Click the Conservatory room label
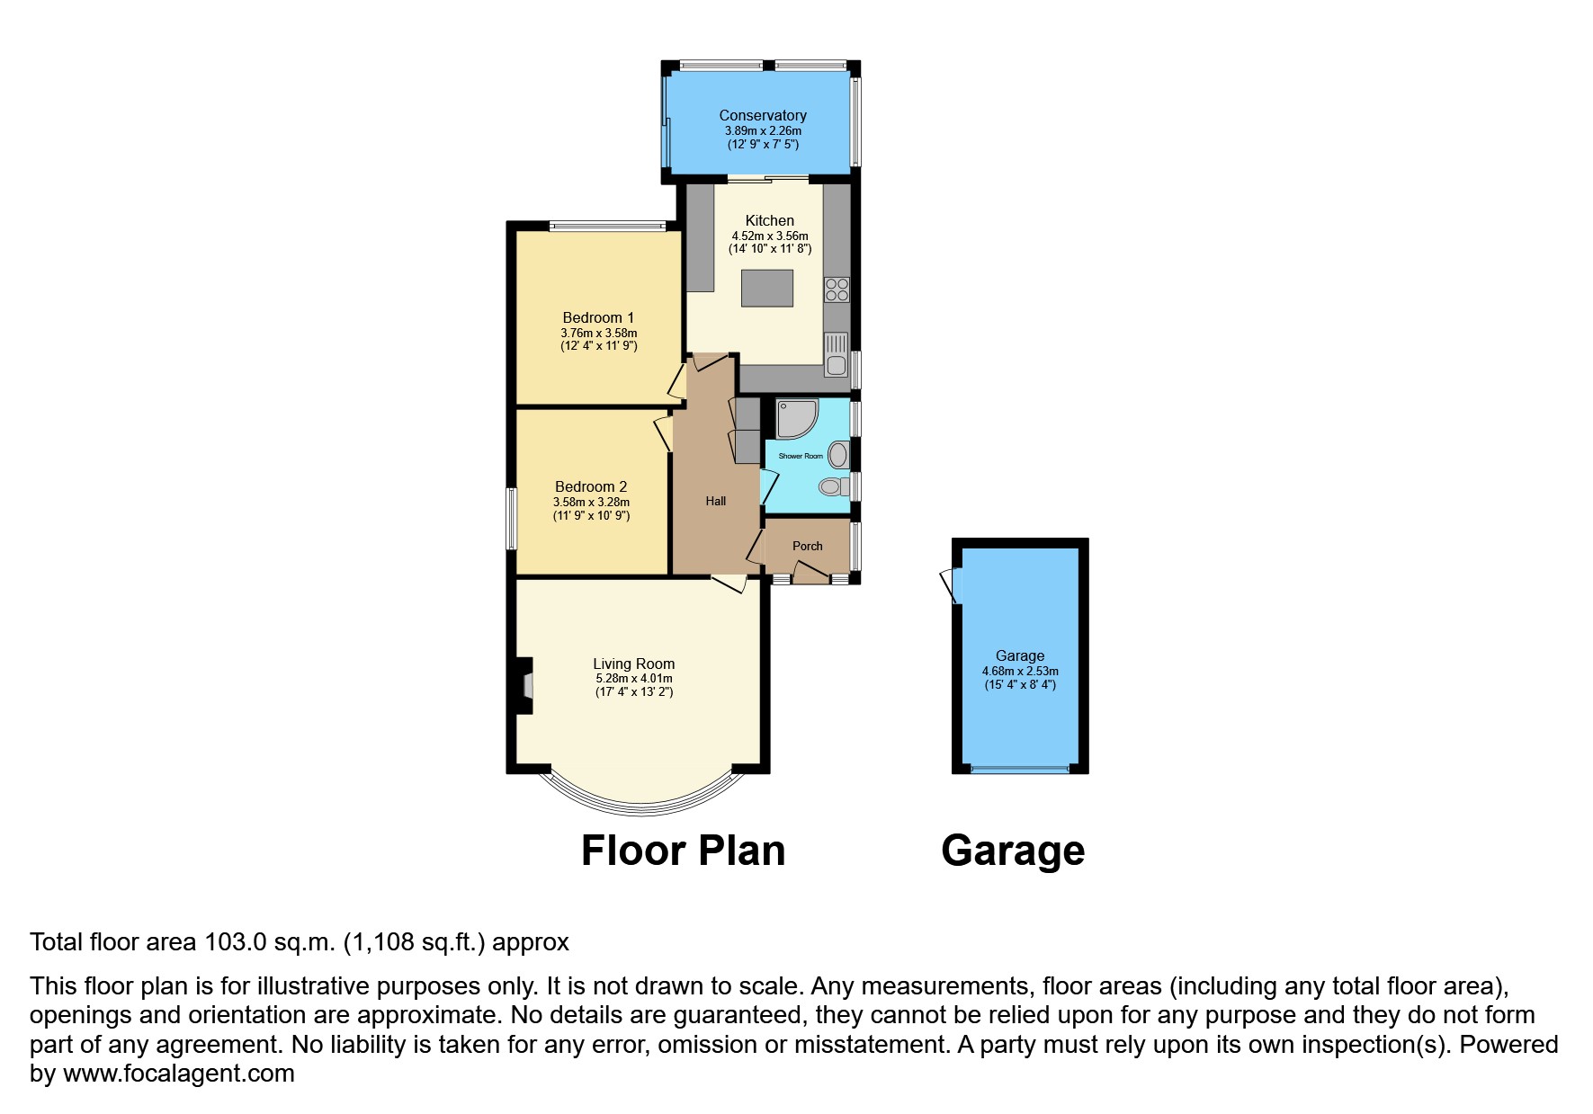pyautogui.click(x=762, y=115)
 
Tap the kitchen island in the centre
pyautogui.click(x=767, y=289)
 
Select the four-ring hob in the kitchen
pyautogui.click(x=837, y=290)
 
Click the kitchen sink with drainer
pyautogui.click(x=836, y=354)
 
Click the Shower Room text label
pyautogui.click(x=800, y=456)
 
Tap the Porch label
pyautogui.click(x=807, y=546)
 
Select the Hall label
pyautogui.click(x=715, y=501)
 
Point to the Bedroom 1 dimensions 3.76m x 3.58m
pyautogui.click(x=598, y=333)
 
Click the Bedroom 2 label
pyautogui.click(x=590, y=486)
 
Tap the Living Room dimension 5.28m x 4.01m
pyautogui.click(x=633, y=679)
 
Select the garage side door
pyautogui.click(x=951, y=586)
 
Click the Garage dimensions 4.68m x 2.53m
pyautogui.click(x=1019, y=672)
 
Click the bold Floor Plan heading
pyautogui.click(x=683, y=851)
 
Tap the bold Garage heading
pyautogui.click(x=1013, y=851)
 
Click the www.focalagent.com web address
pyautogui.click(x=178, y=1074)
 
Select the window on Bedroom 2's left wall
pyautogui.click(x=510, y=518)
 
